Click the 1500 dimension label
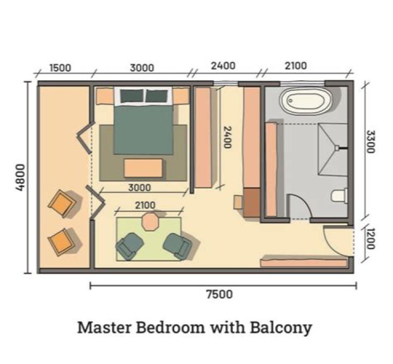point(60,68)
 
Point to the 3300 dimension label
point(370,142)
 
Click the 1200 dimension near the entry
point(369,239)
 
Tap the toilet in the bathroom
point(340,195)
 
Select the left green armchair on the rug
point(129,246)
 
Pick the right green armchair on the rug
point(177,245)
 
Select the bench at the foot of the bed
point(143,168)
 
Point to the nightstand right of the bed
point(181,97)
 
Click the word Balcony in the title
point(281,328)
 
